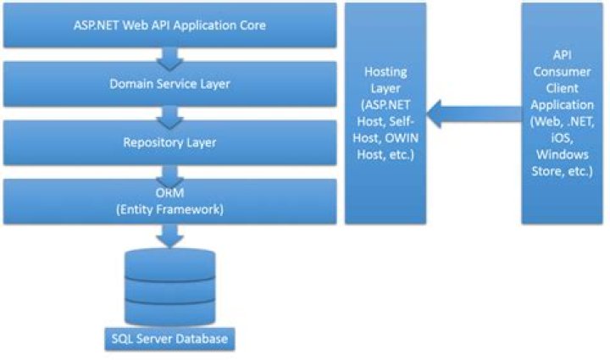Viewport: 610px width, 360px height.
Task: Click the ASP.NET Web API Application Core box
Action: pyautogui.click(x=169, y=25)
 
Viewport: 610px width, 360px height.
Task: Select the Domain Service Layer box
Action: pyautogui.click(x=169, y=84)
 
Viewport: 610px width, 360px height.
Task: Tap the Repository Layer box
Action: pyautogui.click(x=169, y=141)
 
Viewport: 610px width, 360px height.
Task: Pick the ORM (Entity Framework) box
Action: pyautogui.click(x=169, y=202)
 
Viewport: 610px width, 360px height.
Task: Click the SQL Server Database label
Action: pyautogui.click(x=169, y=340)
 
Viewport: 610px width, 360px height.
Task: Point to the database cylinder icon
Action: pyautogui.click(x=169, y=286)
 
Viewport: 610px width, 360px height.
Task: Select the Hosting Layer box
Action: pyautogui.click(x=385, y=113)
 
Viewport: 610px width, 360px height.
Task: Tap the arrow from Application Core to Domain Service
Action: pyautogui.click(x=169, y=55)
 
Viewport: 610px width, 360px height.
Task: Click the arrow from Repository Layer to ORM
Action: pyautogui.click(x=169, y=171)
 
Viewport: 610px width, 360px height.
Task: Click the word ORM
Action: pyautogui.click(x=169, y=194)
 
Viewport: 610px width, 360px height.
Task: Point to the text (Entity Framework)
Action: pyautogui.click(x=169, y=209)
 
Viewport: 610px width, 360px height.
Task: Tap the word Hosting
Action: pyautogui.click(x=385, y=74)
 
